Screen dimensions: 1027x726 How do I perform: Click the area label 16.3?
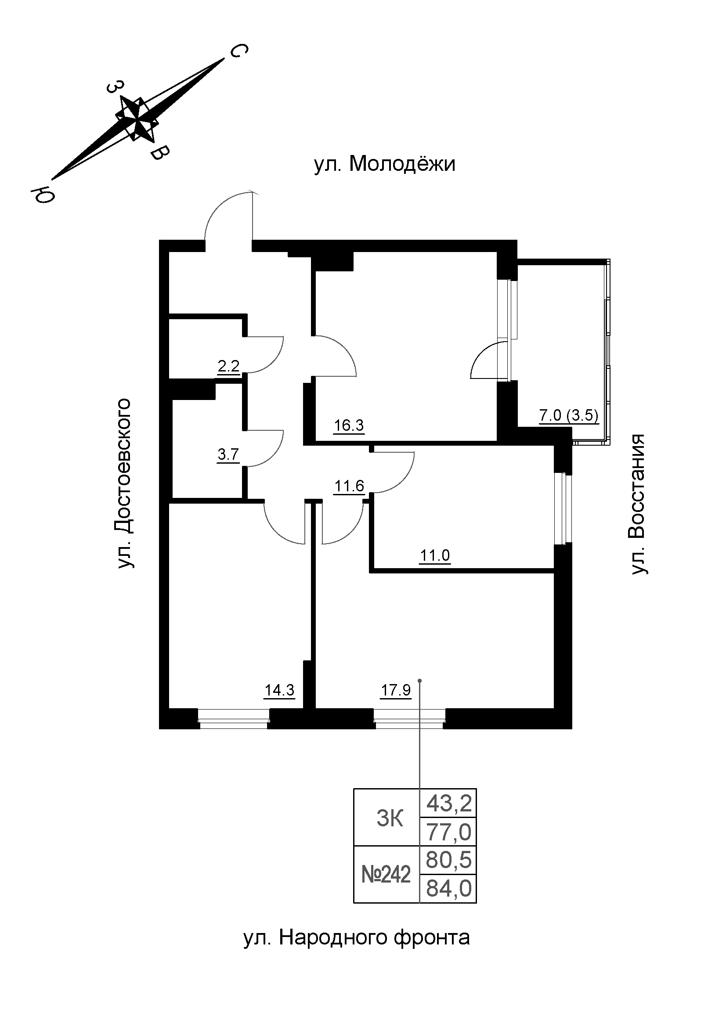[349, 425]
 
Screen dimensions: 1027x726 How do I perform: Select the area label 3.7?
[228, 455]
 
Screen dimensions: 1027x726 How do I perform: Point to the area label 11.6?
[349, 486]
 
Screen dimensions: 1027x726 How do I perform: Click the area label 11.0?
[435, 556]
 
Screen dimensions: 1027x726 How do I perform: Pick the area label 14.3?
[280, 690]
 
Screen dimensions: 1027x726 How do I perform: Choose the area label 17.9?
[395, 690]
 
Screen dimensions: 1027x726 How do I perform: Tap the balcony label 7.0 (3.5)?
[568, 415]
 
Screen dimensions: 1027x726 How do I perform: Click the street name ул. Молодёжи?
[385, 164]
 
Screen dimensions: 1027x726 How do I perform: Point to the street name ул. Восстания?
[638, 504]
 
